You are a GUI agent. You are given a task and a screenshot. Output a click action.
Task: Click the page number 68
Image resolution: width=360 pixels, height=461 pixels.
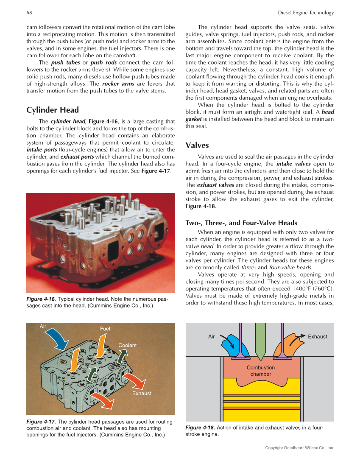click(x=29, y=13)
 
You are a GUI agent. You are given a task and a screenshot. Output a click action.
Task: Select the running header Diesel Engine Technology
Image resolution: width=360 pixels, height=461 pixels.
click(x=306, y=13)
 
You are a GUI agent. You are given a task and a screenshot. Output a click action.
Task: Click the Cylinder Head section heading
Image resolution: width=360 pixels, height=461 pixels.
click(x=53, y=110)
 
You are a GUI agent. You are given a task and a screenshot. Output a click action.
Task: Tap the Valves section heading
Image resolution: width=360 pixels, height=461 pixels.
click(x=197, y=145)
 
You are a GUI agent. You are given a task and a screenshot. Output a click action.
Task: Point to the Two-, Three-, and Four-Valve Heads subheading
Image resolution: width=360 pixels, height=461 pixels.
click(x=241, y=223)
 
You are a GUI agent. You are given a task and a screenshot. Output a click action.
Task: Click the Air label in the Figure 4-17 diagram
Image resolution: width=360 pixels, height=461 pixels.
click(x=43, y=327)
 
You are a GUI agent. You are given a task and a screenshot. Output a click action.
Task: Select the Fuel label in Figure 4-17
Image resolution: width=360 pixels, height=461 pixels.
click(x=105, y=329)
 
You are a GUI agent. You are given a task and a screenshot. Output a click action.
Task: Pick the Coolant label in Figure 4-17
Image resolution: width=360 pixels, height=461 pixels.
click(x=127, y=345)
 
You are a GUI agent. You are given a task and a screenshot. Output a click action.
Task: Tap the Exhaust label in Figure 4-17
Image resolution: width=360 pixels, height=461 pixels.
click(x=142, y=393)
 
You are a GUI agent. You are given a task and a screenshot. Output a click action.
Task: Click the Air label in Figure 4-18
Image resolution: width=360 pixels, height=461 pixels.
click(x=212, y=337)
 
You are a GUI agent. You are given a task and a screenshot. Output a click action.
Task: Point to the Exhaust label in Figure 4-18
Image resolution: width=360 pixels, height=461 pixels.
click(x=317, y=337)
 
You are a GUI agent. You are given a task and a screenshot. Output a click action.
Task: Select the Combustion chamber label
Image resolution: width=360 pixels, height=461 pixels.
click(x=261, y=371)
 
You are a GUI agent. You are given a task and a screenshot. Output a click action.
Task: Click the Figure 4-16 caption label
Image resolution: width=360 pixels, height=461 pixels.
click(x=41, y=299)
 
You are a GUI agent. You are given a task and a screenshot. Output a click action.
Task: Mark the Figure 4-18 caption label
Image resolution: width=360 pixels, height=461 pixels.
click(x=200, y=427)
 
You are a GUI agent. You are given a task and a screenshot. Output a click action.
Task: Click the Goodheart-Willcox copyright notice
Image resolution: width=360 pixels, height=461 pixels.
click(x=299, y=448)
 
